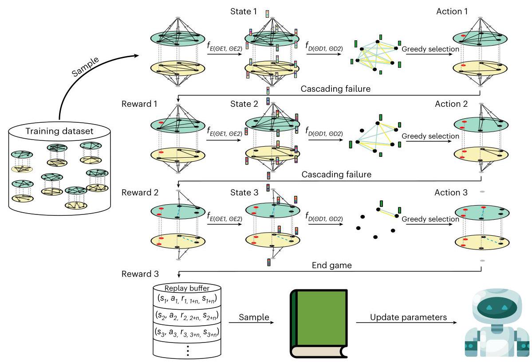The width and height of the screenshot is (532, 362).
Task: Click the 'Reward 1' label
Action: pyautogui.click(x=137, y=104)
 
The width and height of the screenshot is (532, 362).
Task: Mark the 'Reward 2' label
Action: pyautogui.click(x=137, y=193)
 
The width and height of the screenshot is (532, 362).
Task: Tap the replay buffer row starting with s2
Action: pyautogui.click(x=188, y=315)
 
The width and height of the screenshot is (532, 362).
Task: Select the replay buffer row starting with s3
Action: pyautogui.click(x=188, y=331)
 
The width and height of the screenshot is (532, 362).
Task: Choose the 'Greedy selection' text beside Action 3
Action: pyautogui.click(x=430, y=219)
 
